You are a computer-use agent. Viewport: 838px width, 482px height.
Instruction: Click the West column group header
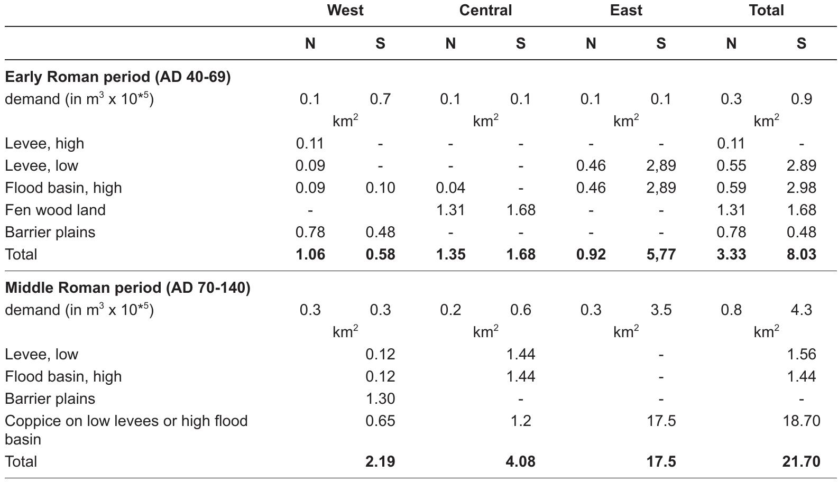tap(345, 11)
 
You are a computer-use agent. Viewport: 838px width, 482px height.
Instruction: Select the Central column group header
tap(485, 11)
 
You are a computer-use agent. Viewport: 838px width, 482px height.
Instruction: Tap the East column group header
tap(625, 11)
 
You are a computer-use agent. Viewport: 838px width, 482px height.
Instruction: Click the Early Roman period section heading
tap(118, 77)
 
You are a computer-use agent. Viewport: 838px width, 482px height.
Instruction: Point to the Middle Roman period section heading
tap(127, 288)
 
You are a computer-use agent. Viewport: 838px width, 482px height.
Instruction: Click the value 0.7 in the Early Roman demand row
tap(380, 99)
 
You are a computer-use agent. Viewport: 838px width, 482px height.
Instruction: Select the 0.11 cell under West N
tap(310, 144)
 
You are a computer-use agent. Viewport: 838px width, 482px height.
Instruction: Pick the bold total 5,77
tap(660, 255)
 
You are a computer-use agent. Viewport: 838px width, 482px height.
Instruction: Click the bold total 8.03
tap(801, 255)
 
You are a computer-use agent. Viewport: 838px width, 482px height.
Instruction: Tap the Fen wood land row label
tap(55, 210)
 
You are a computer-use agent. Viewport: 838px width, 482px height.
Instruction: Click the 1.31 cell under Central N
tap(450, 210)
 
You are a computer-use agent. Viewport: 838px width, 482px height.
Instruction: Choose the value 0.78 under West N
tap(310, 233)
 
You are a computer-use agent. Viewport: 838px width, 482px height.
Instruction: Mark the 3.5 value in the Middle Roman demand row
tap(660, 310)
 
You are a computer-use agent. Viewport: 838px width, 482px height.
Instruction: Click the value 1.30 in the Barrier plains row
tap(380, 399)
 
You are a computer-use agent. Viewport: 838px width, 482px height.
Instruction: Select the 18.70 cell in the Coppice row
tap(801, 421)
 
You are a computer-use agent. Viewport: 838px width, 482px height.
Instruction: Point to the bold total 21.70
tap(801, 462)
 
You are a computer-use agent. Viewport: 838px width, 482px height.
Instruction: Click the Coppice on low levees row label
tap(126, 421)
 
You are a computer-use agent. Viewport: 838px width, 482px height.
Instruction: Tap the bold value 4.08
tap(520, 462)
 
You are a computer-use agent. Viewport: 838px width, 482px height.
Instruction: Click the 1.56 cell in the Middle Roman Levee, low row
tap(801, 355)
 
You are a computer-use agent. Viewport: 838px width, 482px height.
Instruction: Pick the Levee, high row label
tap(44, 144)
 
